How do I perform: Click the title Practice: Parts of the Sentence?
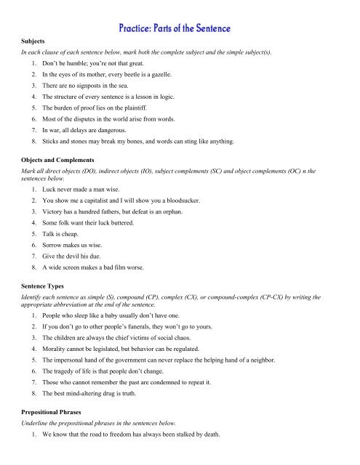179,29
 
